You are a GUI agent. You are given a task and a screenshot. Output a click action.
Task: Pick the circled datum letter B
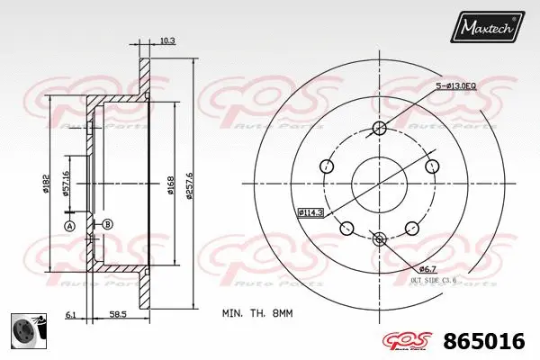[x=106, y=224]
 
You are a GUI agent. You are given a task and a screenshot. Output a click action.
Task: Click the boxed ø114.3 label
[x=310, y=212]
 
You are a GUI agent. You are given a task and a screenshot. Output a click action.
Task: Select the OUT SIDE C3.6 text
[x=434, y=281]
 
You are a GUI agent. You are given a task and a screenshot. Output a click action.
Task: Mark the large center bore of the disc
[x=379, y=184]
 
